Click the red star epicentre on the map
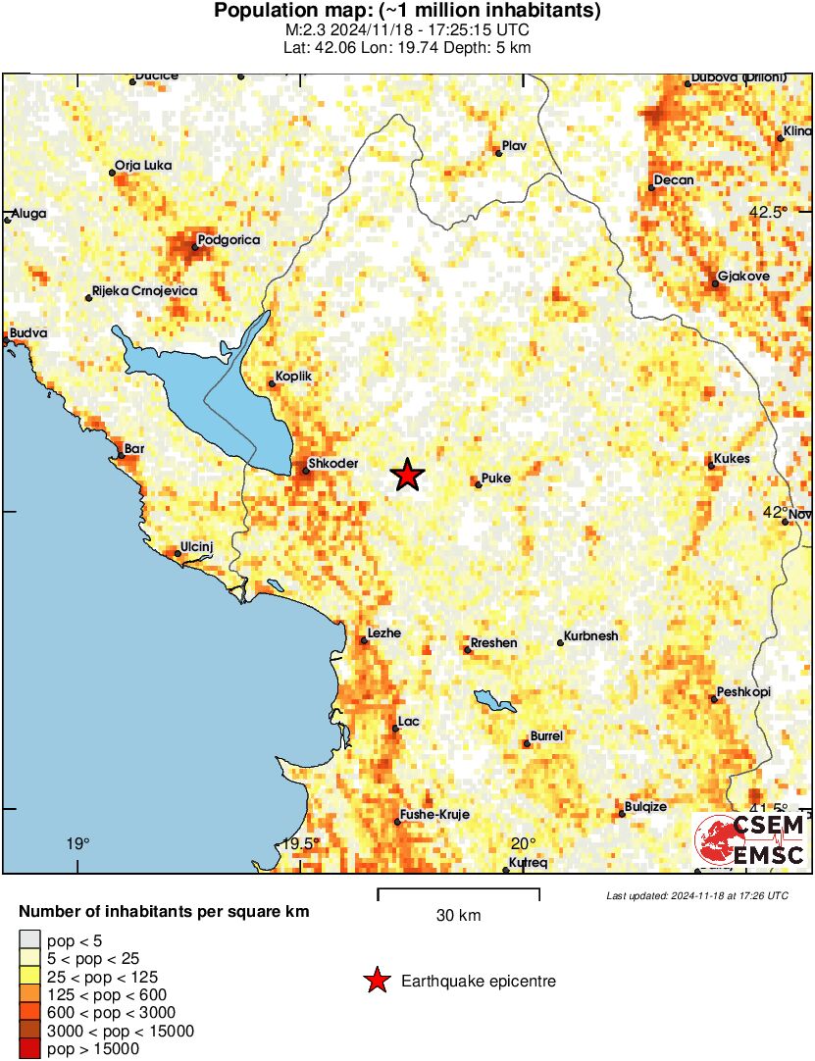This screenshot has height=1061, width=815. pos(407,476)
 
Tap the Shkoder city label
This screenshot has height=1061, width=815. pos(333,464)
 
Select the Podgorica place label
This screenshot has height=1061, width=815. pos(228,240)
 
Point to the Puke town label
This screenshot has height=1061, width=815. pos(497,479)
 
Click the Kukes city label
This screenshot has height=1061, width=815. pos(733,459)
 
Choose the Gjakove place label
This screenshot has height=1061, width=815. pos(743,277)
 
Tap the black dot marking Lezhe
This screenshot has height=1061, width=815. pos(364,640)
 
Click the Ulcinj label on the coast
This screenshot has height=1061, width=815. pos(197,547)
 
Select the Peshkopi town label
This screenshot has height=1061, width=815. pos(743,692)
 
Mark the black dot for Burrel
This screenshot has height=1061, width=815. pos(527,743)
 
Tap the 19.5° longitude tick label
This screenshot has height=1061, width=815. pos(300,844)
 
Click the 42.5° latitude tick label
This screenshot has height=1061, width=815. pos(769,212)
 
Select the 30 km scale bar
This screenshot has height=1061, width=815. pos(458,891)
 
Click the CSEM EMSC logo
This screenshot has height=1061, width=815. pos(750,841)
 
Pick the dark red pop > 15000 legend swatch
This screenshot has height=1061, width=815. pos(30,1050)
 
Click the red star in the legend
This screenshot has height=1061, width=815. pos(375,981)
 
